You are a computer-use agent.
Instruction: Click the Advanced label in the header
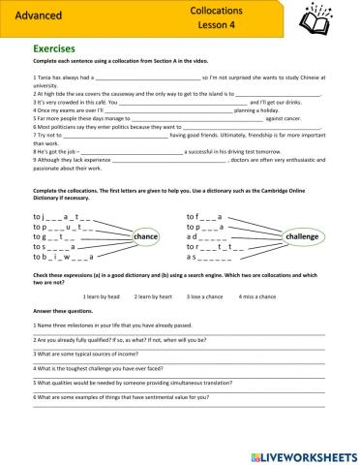(x=37, y=16)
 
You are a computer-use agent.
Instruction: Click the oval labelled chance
(x=145, y=236)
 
